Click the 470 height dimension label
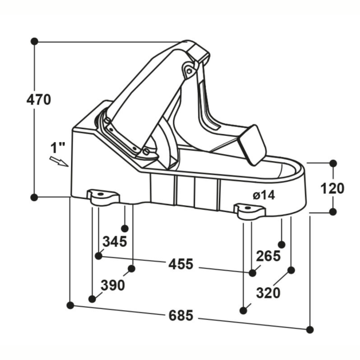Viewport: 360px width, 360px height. click(39, 99)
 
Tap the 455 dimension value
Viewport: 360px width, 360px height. click(181, 264)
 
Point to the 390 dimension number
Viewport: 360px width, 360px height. click(113, 285)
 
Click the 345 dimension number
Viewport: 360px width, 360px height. click(115, 241)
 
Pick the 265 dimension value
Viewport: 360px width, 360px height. click(268, 256)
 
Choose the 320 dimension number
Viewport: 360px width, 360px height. click(268, 293)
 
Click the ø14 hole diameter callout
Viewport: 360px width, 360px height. click(264, 195)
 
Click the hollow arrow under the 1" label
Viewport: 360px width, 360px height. click(58, 161)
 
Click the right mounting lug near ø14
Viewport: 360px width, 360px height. click(250, 210)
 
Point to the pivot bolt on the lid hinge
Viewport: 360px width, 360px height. click(188, 71)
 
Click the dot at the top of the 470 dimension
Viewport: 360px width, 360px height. click(34, 41)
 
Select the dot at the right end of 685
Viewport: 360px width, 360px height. click(310, 330)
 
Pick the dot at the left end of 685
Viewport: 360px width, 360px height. click(70, 306)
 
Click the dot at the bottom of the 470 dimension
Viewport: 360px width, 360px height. click(34, 197)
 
